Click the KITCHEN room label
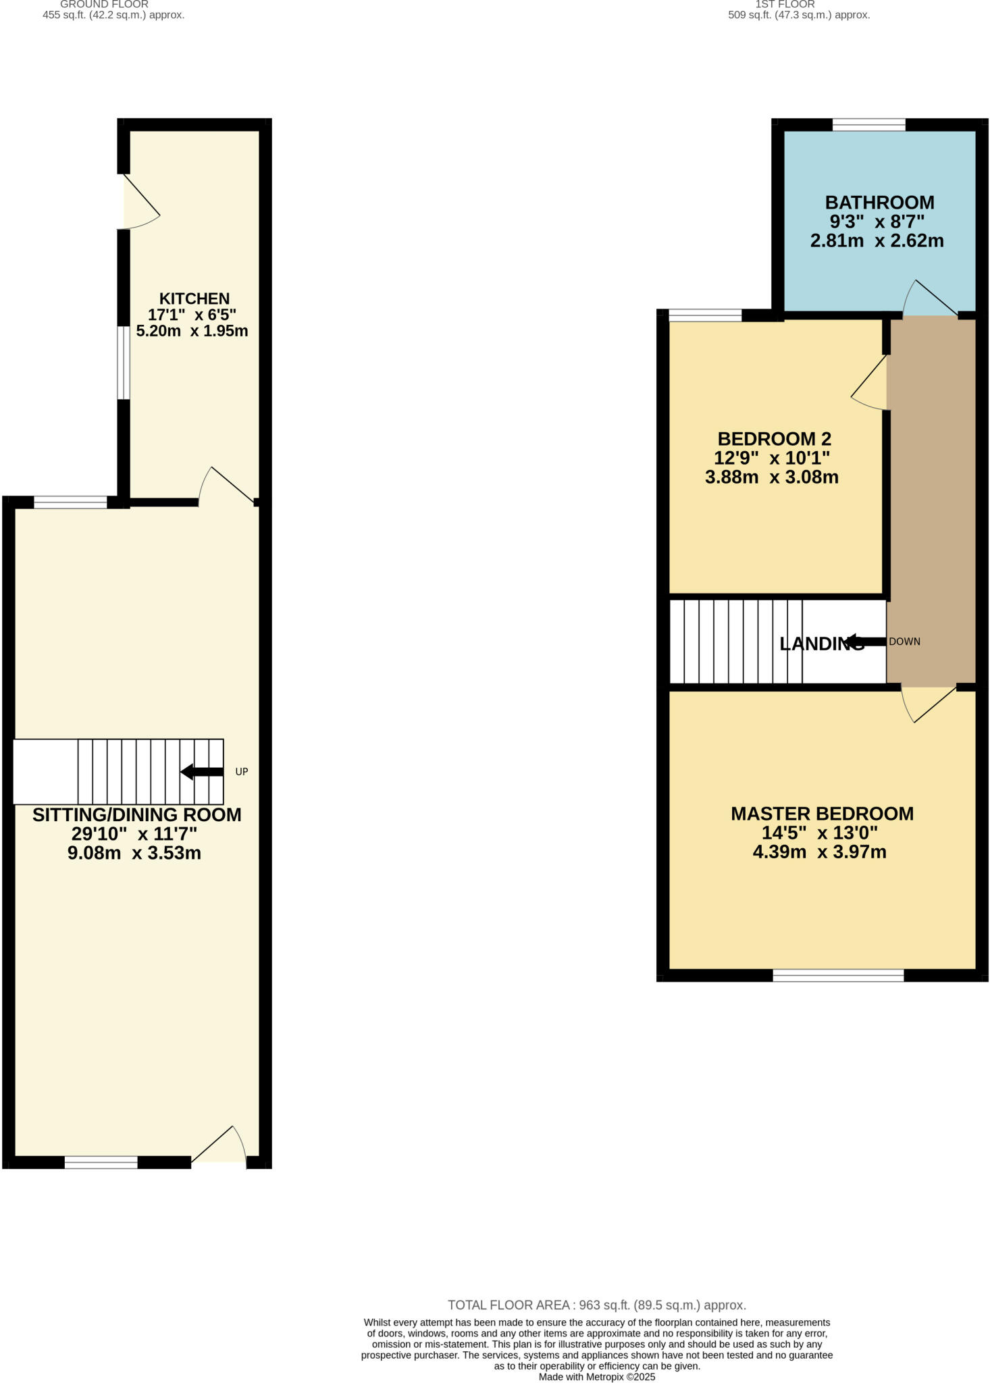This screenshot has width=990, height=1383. click(x=194, y=298)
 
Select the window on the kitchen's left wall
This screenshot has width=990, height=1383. click(x=123, y=363)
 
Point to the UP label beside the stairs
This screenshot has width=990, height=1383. click(x=241, y=771)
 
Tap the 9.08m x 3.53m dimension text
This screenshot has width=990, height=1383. click(x=134, y=853)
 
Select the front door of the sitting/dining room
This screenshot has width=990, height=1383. click(x=219, y=1147)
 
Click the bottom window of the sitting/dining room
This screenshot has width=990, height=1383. click(x=101, y=1162)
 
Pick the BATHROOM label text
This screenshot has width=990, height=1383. click(x=879, y=203)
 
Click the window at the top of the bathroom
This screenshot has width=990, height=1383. click(x=868, y=124)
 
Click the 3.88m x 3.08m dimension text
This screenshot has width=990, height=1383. click(x=771, y=477)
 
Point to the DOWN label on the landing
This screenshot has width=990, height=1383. click(x=904, y=642)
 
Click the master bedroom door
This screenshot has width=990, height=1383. click(x=929, y=704)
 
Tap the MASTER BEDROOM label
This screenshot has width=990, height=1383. click(x=822, y=814)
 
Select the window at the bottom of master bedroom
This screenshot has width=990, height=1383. click(x=838, y=974)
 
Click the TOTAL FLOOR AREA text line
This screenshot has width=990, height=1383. click(x=596, y=1305)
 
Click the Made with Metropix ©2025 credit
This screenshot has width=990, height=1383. click(x=596, y=1377)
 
